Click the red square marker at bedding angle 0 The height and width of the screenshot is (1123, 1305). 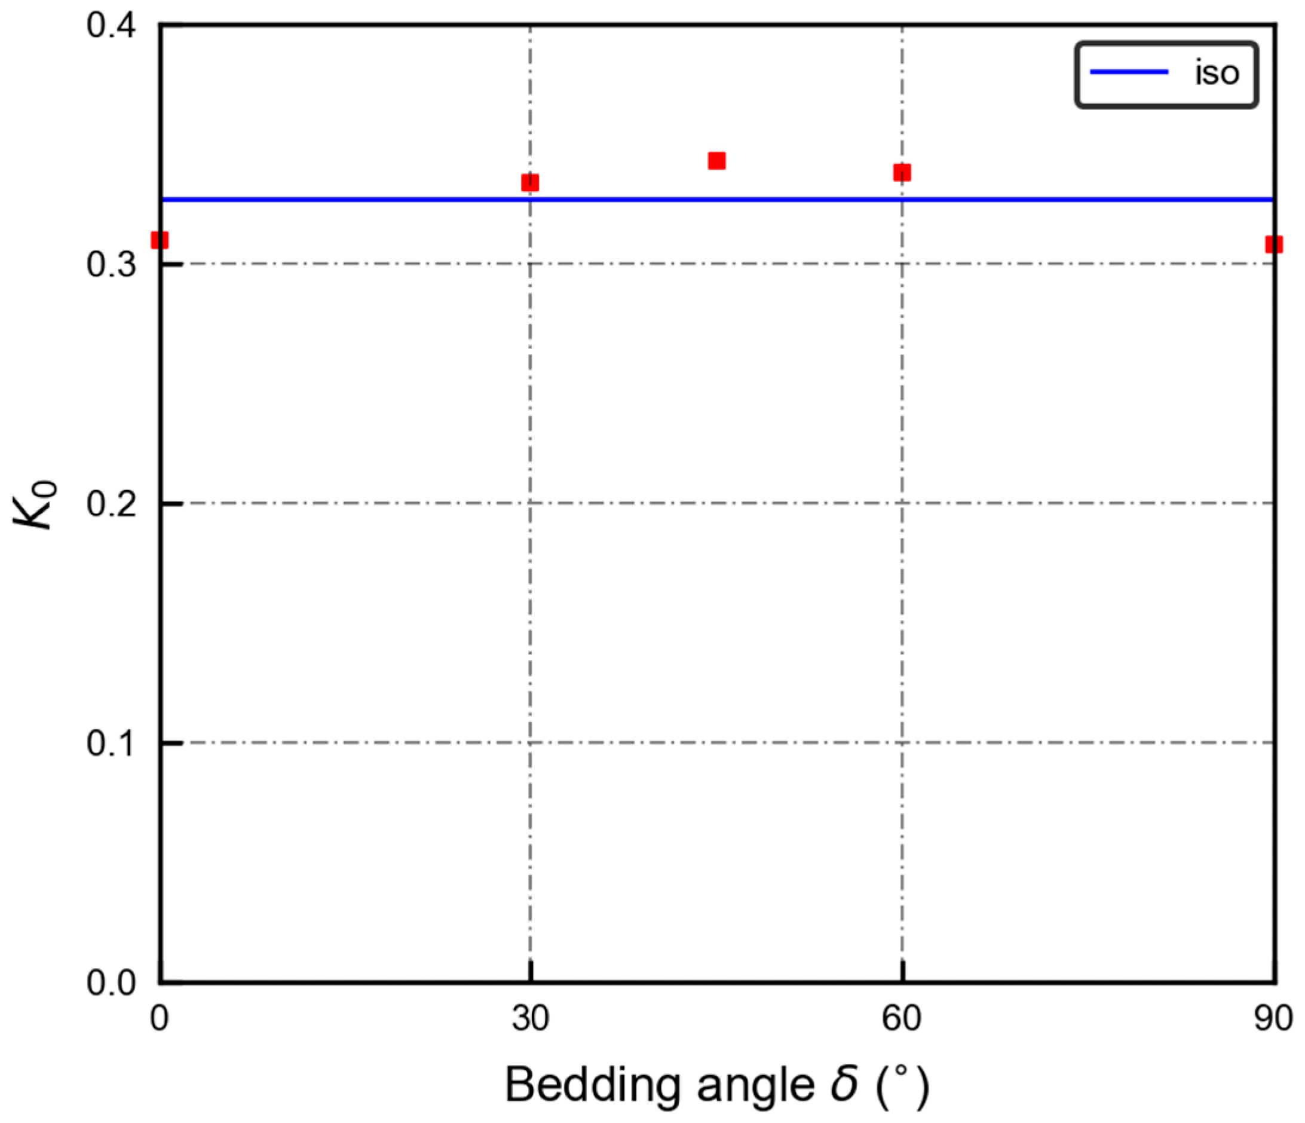[x=160, y=240]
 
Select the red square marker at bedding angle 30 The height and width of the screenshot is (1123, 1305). [x=531, y=183]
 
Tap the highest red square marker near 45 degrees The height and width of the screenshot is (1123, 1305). [x=717, y=161]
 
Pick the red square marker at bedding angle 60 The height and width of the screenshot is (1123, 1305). [x=902, y=173]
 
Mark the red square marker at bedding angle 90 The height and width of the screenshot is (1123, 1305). [x=1273, y=244]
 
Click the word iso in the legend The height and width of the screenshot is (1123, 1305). [x=1217, y=74]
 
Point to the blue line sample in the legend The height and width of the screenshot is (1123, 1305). [x=1129, y=72]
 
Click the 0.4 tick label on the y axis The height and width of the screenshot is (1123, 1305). [x=111, y=26]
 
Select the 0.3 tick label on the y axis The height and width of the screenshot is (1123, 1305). [x=111, y=265]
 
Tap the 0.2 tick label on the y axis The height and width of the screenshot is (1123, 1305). [x=111, y=504]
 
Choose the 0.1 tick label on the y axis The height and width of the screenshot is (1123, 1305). [x=111, y=743]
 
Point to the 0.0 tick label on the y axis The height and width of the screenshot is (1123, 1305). [x=111, y=983]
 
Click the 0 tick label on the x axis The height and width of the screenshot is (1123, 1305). [x=160, y=1018]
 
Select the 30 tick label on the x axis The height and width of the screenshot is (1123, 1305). [x=531, y=1018]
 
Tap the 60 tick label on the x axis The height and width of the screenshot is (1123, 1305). [x=902, y=1018]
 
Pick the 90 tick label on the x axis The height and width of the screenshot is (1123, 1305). [x=1272, y=1018]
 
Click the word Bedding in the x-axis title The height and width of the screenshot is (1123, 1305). [x=592, y=1085]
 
